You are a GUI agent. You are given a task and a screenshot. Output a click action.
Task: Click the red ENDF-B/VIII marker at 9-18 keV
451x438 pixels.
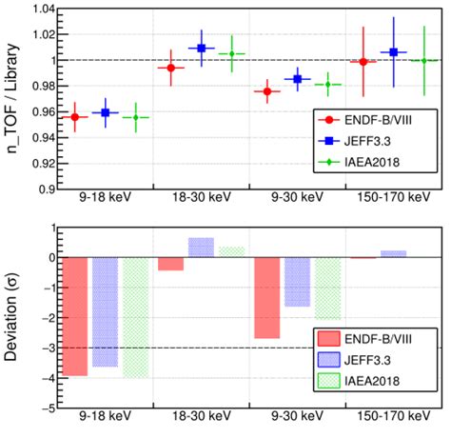(73, 116)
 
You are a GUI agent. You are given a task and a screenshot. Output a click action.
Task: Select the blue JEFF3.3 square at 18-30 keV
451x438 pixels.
(201, 48)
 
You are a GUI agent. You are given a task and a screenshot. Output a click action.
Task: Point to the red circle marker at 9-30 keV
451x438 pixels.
(266, 91)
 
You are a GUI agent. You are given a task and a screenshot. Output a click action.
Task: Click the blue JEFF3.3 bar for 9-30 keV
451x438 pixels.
(297, 282)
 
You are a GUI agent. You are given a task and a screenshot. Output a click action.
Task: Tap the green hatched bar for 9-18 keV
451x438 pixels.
(136, 317)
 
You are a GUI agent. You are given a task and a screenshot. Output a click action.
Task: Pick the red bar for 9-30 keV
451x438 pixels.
(266, 298)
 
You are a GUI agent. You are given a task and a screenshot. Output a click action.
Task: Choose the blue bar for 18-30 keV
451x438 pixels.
(201, 248)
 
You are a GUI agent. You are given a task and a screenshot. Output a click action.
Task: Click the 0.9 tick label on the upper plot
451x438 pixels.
(44, 188)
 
